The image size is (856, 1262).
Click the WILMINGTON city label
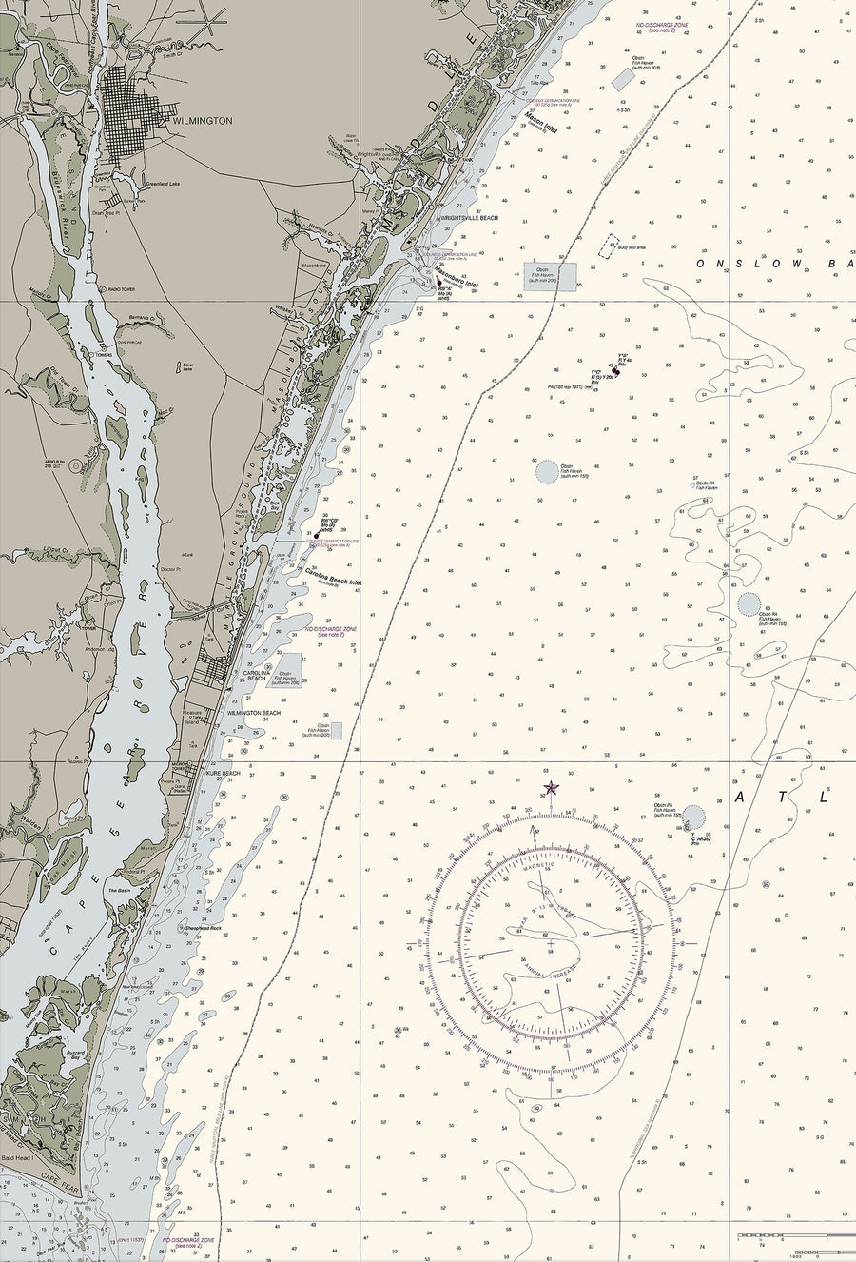coord(203,122)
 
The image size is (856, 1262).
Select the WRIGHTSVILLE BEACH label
coord(469,218)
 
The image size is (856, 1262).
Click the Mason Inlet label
coord(540,123)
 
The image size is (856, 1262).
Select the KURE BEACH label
coord(223,773)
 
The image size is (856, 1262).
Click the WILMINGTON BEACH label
coord(254,713)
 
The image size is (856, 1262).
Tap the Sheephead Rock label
coord(202,927)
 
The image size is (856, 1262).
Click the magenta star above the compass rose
coord(550,787)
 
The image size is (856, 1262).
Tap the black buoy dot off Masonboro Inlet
coord(438,282)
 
